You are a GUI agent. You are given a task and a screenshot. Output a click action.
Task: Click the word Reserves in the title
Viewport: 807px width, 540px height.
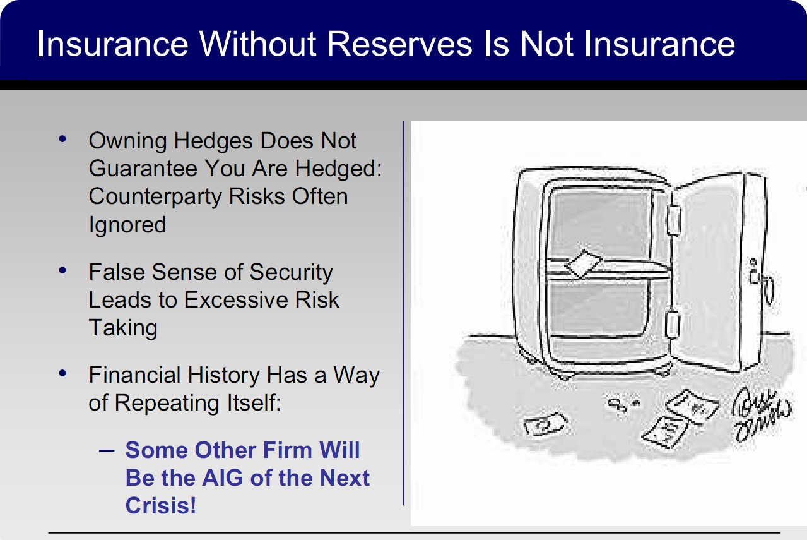[399, 44]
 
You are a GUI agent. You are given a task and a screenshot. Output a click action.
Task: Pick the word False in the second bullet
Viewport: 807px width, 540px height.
[116, 272]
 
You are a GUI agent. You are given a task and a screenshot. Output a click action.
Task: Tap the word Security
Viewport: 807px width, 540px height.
[291, 273]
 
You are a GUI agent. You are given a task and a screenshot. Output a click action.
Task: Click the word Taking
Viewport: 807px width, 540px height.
[123, 328]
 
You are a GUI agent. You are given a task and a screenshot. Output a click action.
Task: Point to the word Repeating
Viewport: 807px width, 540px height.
[167, 404]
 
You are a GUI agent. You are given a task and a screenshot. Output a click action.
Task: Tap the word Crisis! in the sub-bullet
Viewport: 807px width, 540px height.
[161, 505]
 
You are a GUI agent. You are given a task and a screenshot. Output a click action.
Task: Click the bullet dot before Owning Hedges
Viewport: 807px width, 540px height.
[62, 139]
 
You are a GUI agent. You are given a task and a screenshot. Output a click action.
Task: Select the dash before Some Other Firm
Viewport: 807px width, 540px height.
[107, 450]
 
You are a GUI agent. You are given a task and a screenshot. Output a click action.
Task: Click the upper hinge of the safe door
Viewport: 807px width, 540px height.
[674, 220]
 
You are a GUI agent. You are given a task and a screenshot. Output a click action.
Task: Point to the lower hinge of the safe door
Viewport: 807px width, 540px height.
[672, 324]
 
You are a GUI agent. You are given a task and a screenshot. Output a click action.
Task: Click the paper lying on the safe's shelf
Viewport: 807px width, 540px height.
[584, 263]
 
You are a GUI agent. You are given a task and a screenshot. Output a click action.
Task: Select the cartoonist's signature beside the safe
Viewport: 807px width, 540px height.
[761, 414]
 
